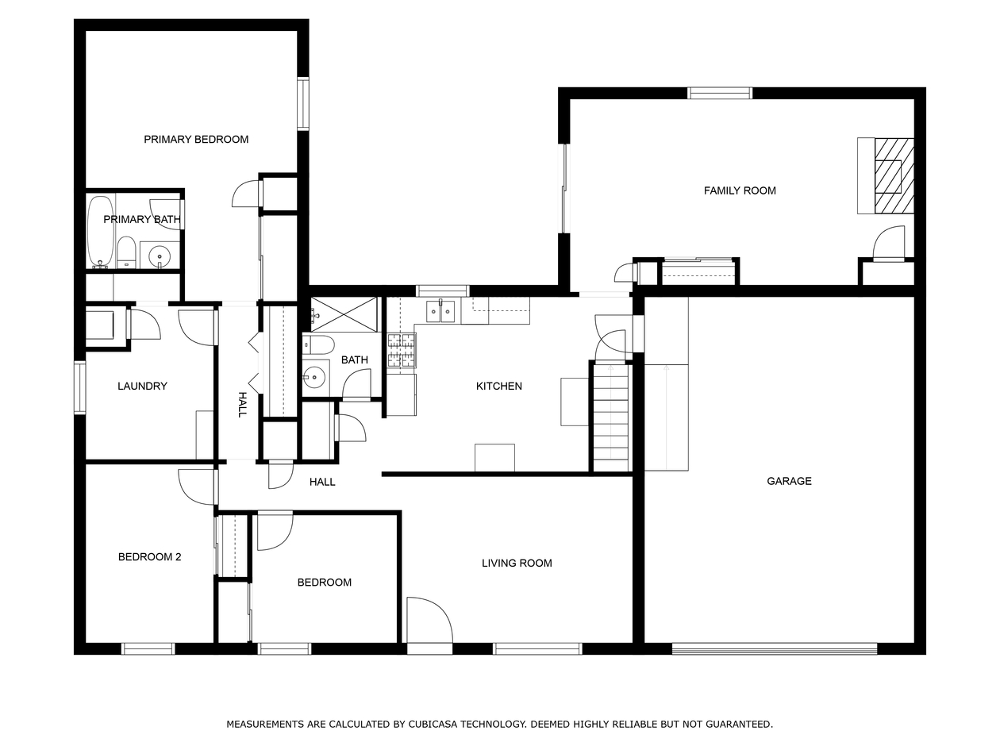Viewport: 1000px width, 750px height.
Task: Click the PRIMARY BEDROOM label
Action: (196, 140)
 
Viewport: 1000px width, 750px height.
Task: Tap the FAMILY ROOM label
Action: (740, 190)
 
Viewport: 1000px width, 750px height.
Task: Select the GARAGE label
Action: (789, 481)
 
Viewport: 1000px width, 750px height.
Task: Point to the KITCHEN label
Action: (499, 387)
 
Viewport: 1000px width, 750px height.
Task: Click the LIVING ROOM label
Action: (517, 563)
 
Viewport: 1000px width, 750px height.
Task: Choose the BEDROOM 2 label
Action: (149, 557)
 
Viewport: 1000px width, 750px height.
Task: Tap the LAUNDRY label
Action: (142, 387)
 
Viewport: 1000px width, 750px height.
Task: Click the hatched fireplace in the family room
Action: (894, 175)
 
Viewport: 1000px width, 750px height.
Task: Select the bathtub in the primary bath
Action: (101, 231)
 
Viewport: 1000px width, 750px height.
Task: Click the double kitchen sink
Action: (440, 311)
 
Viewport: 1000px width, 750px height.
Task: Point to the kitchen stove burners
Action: (402, 350)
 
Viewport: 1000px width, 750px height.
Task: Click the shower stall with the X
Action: (344, 314)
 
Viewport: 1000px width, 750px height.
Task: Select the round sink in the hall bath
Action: (314, 378)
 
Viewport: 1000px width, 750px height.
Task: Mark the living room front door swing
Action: (429, 620)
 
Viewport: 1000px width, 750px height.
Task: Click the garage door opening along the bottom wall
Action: (775, 648)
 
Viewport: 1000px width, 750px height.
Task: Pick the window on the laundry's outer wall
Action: (79, 387)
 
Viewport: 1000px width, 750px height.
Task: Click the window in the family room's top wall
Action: (720, 93)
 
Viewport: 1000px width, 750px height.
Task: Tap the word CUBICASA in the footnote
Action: (434, 724)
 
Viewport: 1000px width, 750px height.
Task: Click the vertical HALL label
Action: (242, 405)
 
